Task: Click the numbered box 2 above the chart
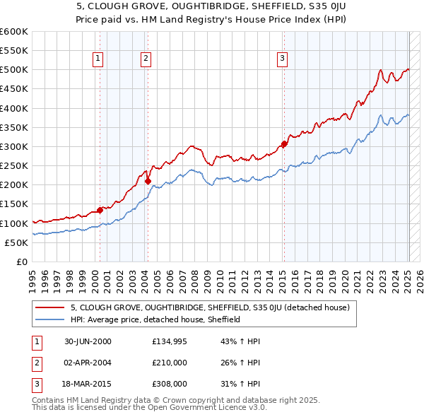click(146, 59)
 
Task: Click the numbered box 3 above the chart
click(282, 59)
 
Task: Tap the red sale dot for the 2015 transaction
click(284, 144)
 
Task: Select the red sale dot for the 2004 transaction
click(148, 181)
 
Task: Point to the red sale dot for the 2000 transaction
click(100, 209)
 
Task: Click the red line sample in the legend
click(50, 307)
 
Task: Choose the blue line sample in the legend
click(50, 319)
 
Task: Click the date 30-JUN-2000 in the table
click(88, 341)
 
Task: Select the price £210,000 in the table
click(169, 363)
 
